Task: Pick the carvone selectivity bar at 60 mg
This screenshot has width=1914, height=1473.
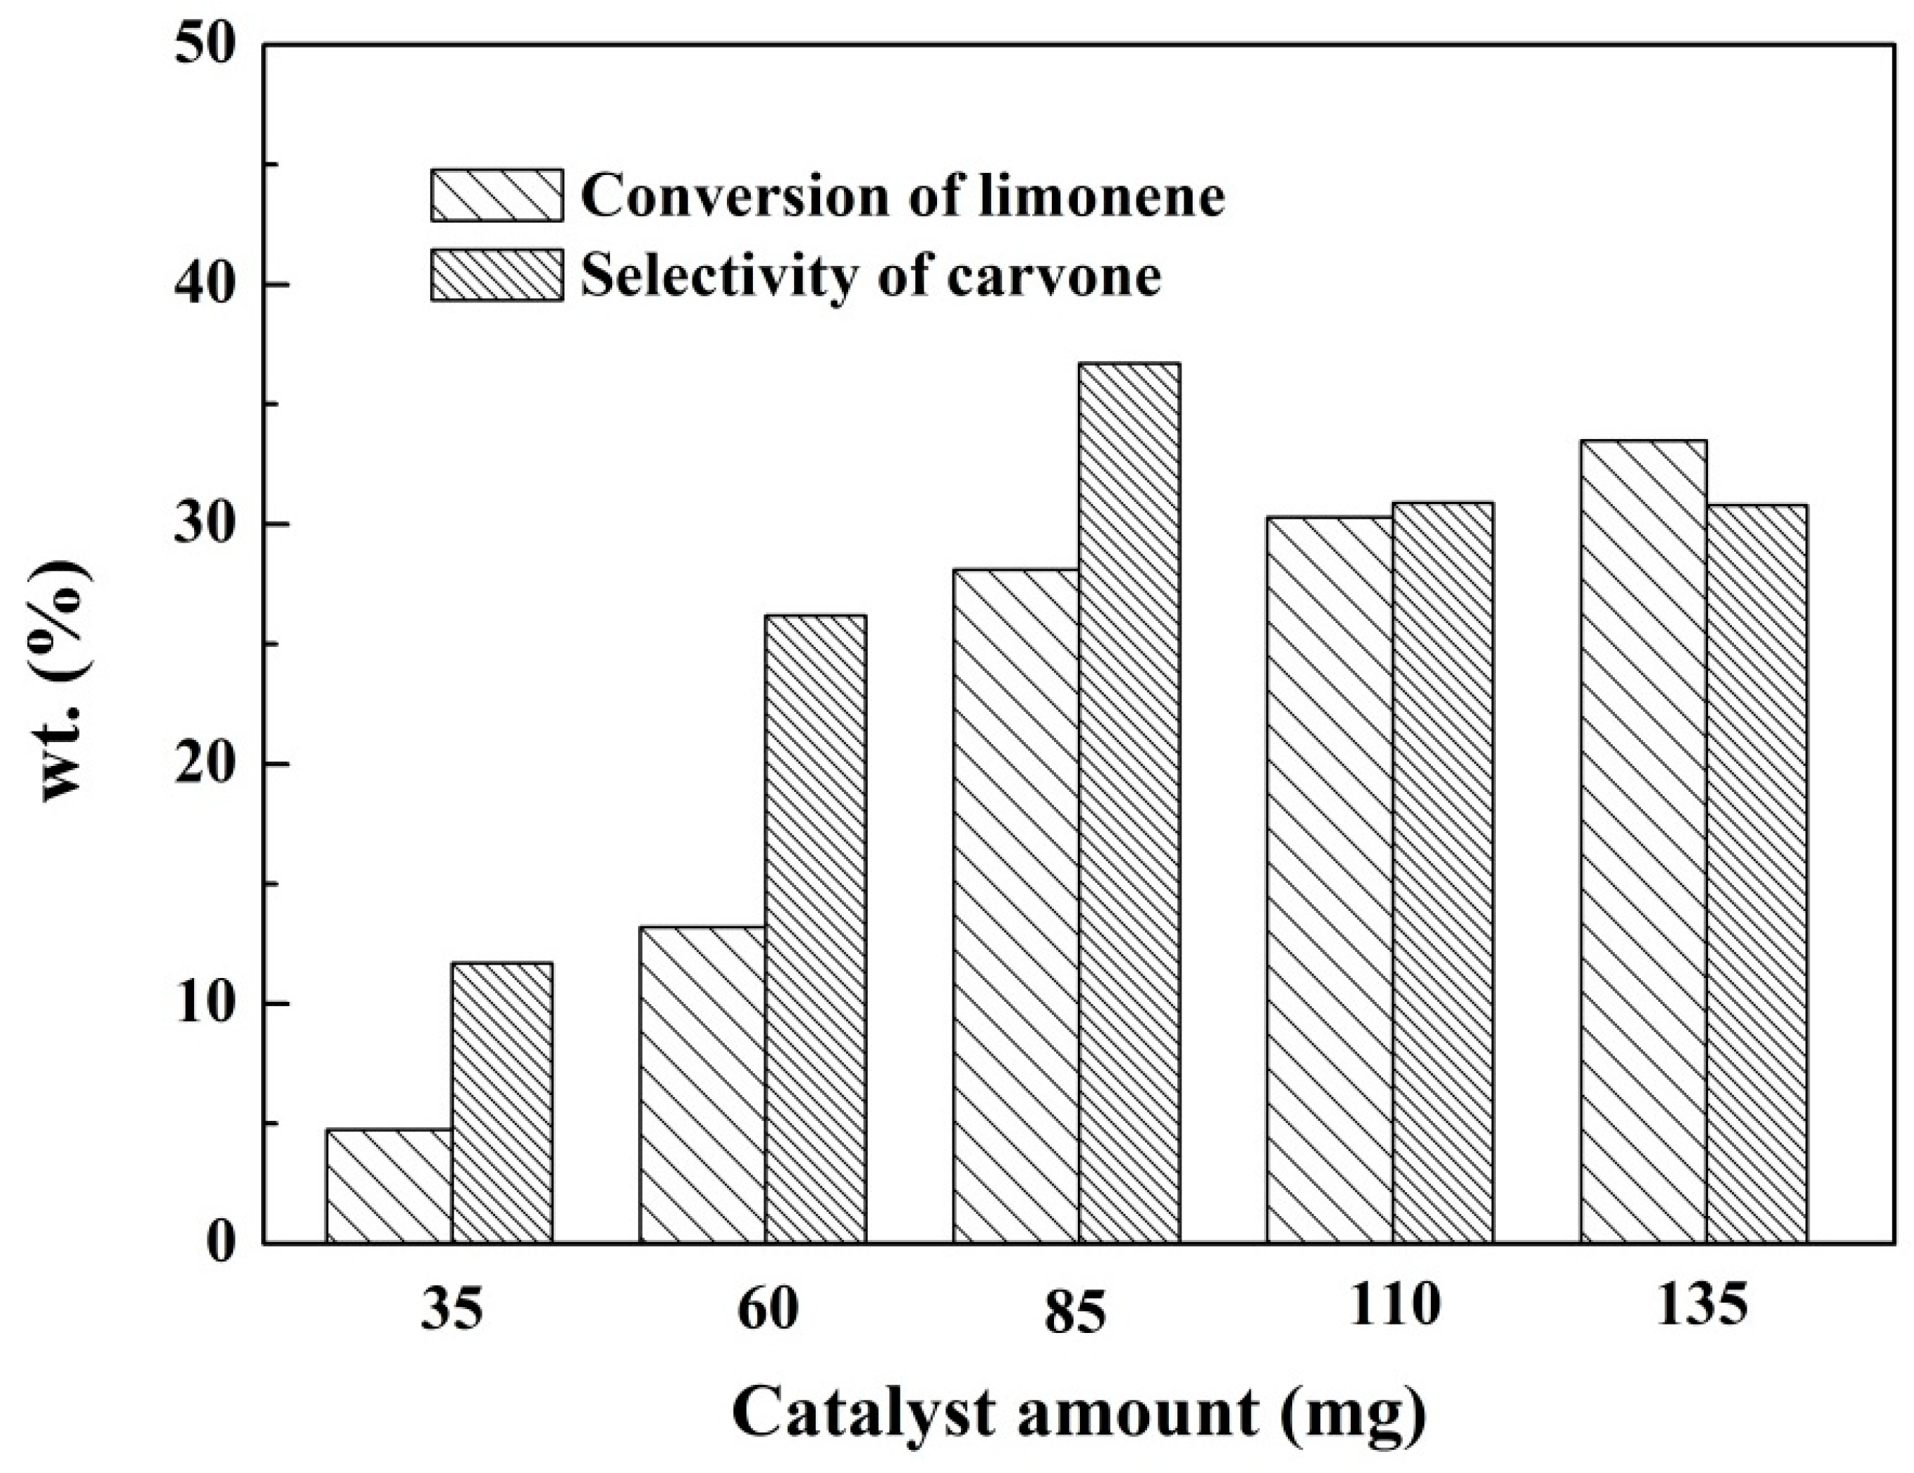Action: pyautogui.click(x=816, y=929)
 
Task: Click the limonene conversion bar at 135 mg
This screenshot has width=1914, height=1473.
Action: pyautogui.click(x=1643, y=842)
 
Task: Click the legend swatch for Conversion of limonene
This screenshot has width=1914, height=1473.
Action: pyautogui.click(x=497, y=195)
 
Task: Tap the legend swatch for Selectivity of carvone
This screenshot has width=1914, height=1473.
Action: pyautogui.click(x=497, y=274)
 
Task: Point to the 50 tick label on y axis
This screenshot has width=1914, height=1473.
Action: pyautogui.click(x=206, y=46)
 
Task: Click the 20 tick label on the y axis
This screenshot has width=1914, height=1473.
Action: pyautogui.click(x=206, y=764)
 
